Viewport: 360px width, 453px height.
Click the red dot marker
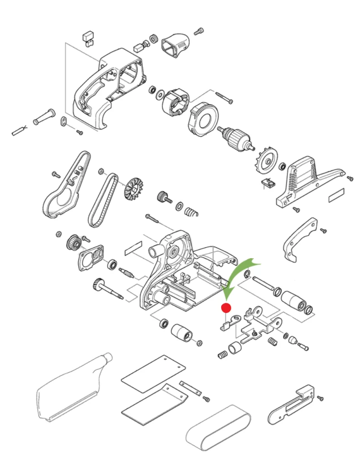(x=226, y=308)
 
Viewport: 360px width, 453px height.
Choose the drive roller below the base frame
(x=182, y=334)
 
